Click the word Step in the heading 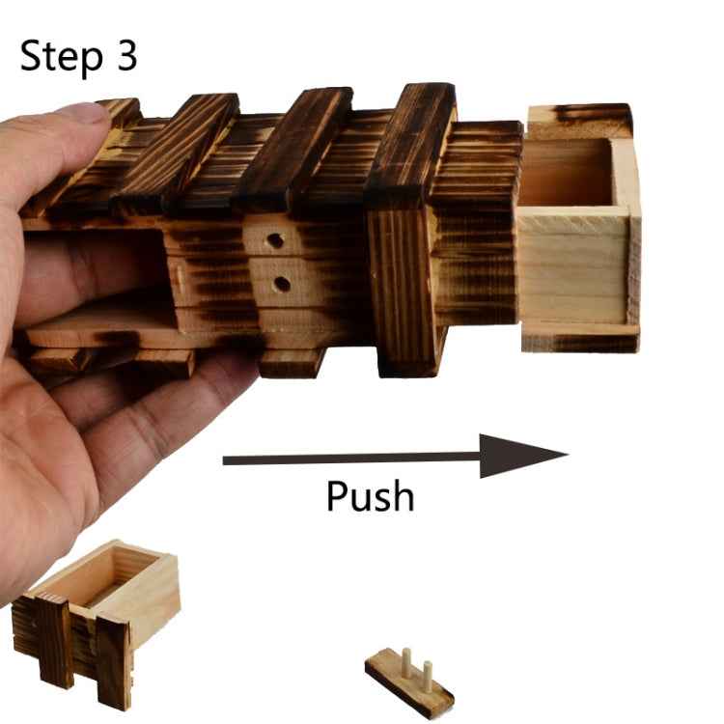(62, 56)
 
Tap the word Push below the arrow (370, 495)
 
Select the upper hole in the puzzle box (275, 240)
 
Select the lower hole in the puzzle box (281, 284)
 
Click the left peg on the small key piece (406, 660)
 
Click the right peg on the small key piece (428, 673)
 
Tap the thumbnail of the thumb (85, 112)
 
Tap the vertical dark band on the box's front (403, 291)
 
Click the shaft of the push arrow (351, 459)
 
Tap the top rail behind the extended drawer (579, 121)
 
